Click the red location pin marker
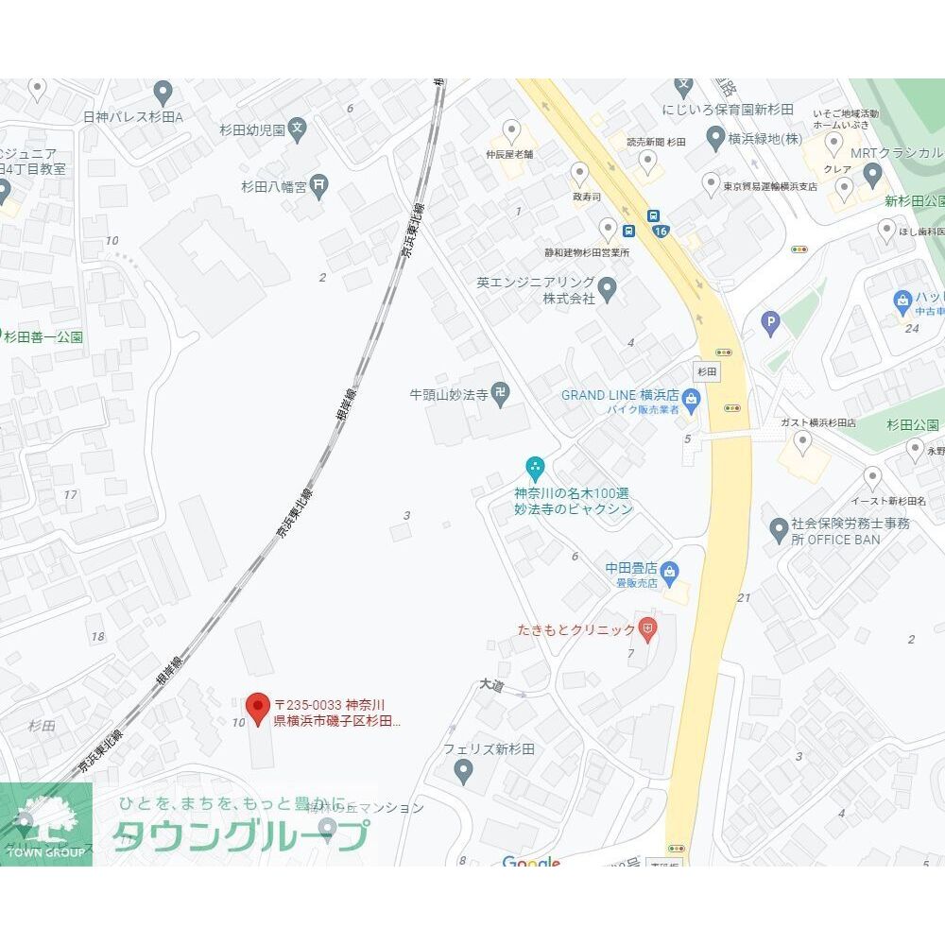tap(258, 708)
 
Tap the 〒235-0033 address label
tap(336, 713)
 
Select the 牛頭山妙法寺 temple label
tap(448, 396)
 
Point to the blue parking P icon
tap(771, 324)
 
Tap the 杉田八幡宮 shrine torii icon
tap(319, 185)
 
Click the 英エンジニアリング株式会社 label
tap(536, 290)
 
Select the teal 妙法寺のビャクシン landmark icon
tap(535, 466)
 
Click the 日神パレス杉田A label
tap(132, 117)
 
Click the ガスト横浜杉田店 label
tap(817, 422)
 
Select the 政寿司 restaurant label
tap(586, 198)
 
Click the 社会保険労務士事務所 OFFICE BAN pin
tap(779, 529)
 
